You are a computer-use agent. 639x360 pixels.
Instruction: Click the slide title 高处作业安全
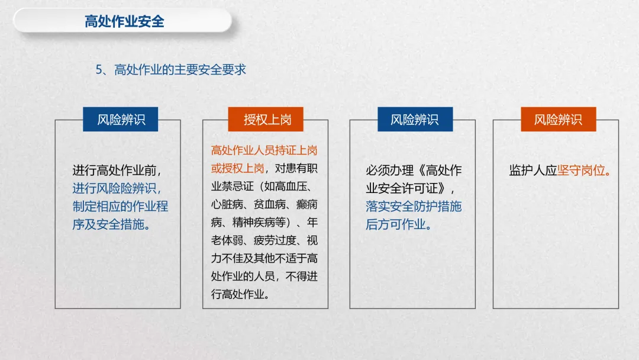(x=124, y=22)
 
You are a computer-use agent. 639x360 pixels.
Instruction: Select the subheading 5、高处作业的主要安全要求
(x=171, y=69)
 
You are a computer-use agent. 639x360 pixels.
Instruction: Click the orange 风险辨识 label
(x=558, y=120)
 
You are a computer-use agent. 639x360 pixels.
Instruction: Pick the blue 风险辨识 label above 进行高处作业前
(x=121, y=120)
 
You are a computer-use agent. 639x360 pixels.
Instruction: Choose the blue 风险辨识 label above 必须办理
(x=414, y=120)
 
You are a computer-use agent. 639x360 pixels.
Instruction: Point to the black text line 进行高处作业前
(x=117, y=171)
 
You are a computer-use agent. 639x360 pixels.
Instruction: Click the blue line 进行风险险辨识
(x=117, y=188)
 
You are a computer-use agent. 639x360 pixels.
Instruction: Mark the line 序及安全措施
(x=111, y=224)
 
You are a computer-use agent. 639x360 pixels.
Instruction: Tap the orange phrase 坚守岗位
(x=584, y=171)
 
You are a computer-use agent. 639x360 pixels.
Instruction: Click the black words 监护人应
(x=533, y=171)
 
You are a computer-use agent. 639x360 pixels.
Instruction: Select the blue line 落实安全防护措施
(x=414, y=207)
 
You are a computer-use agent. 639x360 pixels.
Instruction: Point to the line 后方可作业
(x=399, y=224)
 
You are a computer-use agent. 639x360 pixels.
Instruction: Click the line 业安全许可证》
(x=411, y=188)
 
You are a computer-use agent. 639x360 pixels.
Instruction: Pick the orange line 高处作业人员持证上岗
(x=264, y=150)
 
